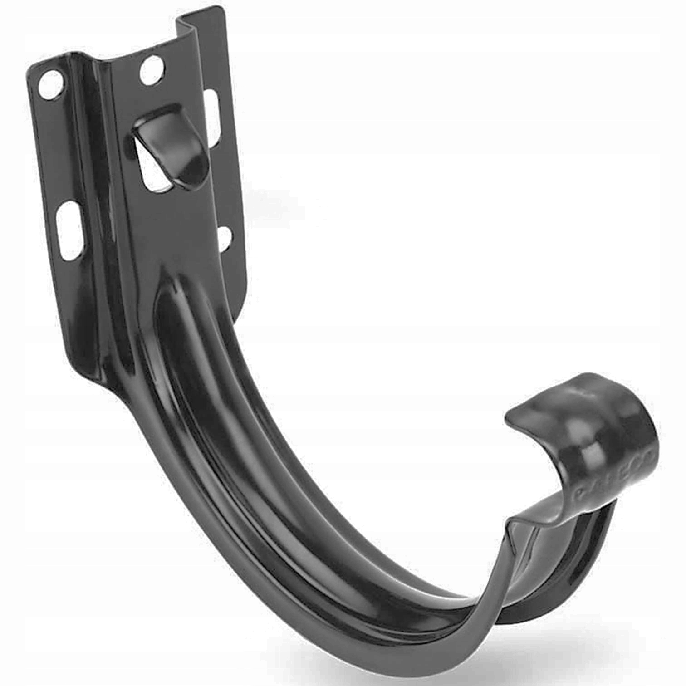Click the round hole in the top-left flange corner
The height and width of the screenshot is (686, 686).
50,84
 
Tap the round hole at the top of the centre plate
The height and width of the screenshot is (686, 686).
152,69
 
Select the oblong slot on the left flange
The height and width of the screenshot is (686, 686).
69,231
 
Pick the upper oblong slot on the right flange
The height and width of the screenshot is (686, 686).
211,113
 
